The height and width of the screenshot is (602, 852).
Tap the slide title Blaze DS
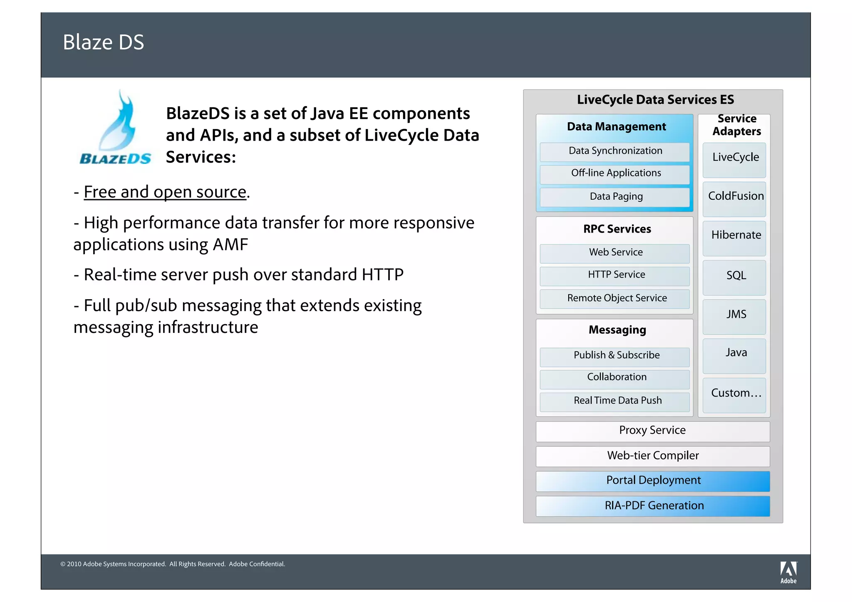[x=103, y=42]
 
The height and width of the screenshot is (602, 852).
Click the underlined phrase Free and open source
[x=165, y=192]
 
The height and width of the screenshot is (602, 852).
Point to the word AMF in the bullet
[x=230, y=245]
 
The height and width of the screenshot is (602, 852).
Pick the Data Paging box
[x=614, y=197]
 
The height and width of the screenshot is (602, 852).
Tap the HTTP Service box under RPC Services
[x=614, y=275]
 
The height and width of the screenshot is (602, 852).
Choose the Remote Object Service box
[x=614, y=299]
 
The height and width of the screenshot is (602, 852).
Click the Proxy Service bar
[x=652, y=431]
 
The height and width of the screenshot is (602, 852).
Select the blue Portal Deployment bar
[x=652, y=481]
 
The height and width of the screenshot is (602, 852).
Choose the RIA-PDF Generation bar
[x=652, y=506]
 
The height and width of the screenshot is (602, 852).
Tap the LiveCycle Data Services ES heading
[x=655, y=100]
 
